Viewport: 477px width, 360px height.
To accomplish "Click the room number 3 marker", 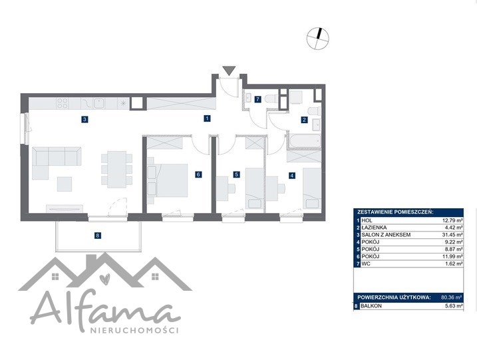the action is (85, 120).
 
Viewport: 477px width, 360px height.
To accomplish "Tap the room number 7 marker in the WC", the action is (257, 99).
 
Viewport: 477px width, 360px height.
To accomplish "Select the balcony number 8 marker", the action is (97, 236).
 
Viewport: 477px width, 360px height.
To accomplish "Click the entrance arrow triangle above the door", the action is (229, 71).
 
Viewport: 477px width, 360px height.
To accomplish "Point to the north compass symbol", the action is (317, 38).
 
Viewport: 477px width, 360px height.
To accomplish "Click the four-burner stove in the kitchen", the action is (63, 103).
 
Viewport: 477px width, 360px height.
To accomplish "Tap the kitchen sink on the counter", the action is (100, 103).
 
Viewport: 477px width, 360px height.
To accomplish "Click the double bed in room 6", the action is (167, 180).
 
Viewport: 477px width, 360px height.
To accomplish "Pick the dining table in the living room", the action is (117, 170).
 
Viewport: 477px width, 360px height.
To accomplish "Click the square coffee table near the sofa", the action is (65, 184).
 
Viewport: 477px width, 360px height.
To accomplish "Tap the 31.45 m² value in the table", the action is (452, 235).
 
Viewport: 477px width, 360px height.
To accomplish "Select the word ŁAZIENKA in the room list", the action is (374, 228).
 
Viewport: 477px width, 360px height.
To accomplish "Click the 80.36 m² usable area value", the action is (452, 297).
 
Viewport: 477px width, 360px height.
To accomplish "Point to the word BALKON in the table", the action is (371, 306).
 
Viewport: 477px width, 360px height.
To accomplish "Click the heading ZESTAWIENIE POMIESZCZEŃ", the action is (395, 212).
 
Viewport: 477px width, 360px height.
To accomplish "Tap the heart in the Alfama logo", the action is (105, 279).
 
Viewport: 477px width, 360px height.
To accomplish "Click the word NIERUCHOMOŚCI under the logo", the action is (134, 331).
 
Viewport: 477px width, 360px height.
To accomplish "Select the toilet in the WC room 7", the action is (271, 99).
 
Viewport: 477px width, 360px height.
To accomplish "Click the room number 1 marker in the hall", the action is (207, 118).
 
